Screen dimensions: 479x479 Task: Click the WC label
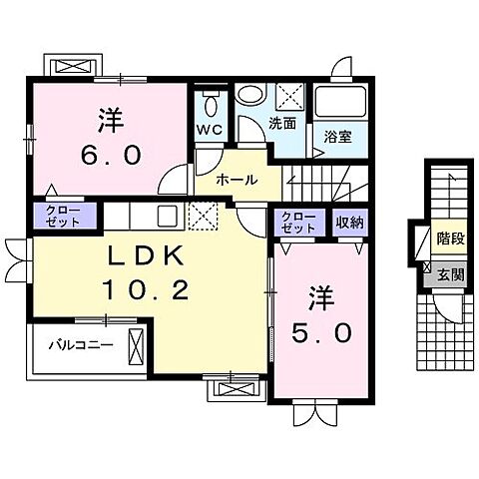point(209,131)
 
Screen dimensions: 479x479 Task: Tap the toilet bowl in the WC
point(210,105)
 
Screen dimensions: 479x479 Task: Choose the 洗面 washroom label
point(282,125)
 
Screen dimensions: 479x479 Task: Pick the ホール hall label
point(237,180)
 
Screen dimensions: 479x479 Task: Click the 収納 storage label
point(349,223)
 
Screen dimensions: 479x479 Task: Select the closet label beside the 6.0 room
point(64,217)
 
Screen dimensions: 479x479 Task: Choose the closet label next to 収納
point(296,223)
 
